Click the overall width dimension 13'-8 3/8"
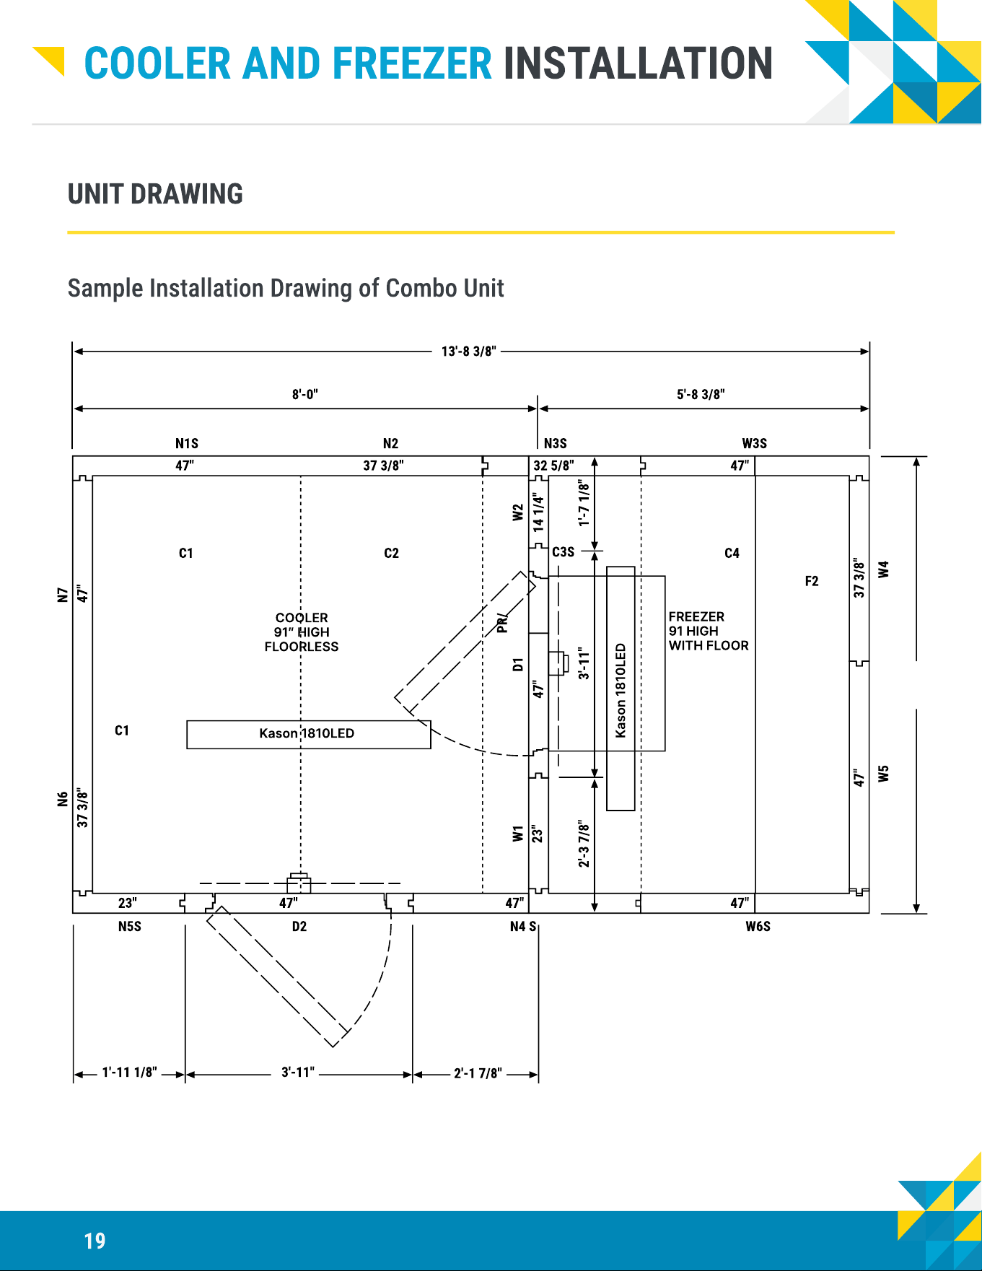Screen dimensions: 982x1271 coord(469,351)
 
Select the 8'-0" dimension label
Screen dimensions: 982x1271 coord(304,394)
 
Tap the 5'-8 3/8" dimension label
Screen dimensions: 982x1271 coord(701,394)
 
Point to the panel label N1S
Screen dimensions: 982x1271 coord(187,443)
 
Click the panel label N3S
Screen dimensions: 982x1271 coord(556,443)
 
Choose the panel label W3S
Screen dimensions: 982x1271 coord(755,443)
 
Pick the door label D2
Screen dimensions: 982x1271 coord(299,926)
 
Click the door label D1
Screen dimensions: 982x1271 coord(517,665)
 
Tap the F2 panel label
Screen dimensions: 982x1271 coord(812,581)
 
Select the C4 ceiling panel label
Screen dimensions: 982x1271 coord(732,553)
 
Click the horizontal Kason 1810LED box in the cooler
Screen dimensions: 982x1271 coord(309,735)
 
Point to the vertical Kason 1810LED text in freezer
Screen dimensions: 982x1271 coord(621,691)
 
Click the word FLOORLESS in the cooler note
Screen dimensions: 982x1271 coord(302,647)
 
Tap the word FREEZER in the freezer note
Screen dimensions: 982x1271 coord(696,616)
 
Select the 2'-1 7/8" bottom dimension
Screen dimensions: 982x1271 coord(478,1073)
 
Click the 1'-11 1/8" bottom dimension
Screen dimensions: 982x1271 coord(129,1073)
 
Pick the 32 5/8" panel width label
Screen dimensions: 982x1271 coord(554,466)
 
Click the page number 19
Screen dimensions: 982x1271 coord(95,1241)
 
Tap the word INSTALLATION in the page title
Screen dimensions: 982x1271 coord(638,64)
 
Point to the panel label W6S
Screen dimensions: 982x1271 coord(758,926)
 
